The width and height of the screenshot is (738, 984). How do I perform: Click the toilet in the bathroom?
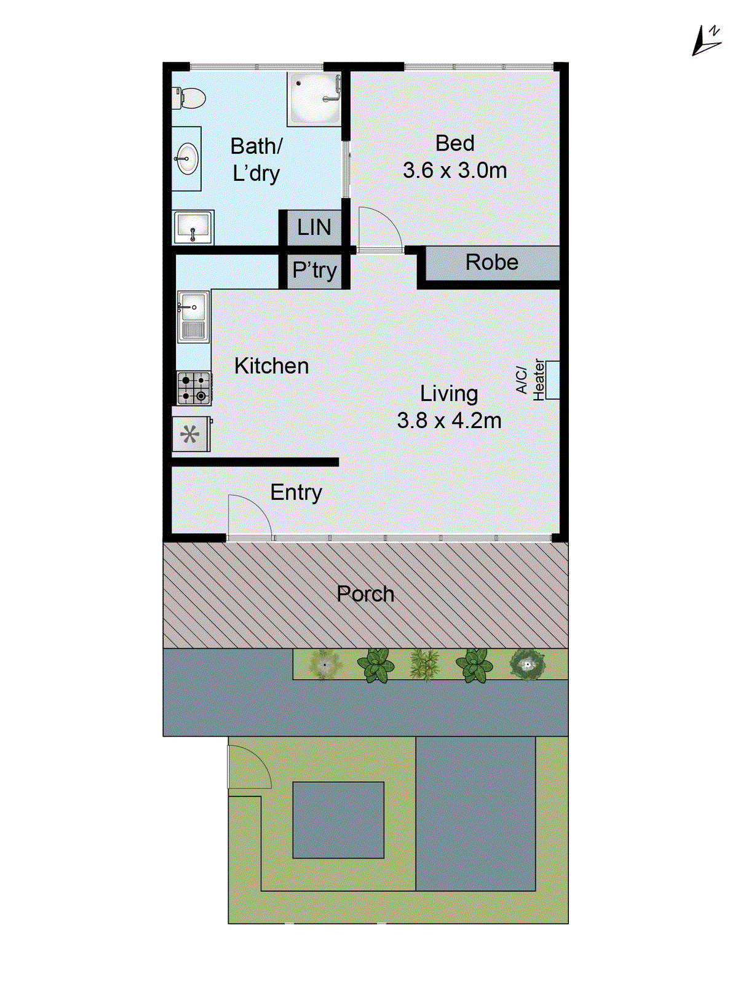click(190, 98)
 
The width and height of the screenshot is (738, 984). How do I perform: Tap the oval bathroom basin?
click(186, 159)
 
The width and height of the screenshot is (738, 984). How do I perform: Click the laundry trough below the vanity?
click(193, 228)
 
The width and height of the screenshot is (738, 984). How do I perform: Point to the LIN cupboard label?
click(314, 228)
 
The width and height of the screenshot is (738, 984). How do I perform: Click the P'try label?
click(314, 270)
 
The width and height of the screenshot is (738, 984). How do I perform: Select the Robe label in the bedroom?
click(491, 263)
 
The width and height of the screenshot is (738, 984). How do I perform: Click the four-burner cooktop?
click(194, 388)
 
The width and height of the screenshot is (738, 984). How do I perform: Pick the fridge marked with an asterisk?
click(191, 435)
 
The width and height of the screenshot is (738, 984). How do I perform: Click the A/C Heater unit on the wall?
click(552, 379)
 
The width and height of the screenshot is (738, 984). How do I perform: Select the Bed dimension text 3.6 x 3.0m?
click(454, 170)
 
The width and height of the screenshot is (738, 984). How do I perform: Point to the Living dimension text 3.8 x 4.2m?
click(449, 421)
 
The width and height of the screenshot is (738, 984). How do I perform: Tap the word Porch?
click(365, 594)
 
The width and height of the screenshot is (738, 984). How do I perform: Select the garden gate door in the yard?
click(249, 766)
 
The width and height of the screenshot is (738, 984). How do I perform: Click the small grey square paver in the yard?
click(338, 820)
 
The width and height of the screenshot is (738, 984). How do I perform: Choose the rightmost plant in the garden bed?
click(527, 665)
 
